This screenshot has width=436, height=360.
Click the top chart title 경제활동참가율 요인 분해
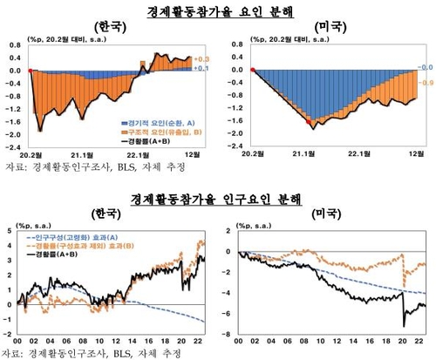pyautogui.click(x=218, y=10)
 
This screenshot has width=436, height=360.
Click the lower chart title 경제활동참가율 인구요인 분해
pyautogui.click(x=218, y=199)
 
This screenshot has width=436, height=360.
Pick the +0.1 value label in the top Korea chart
pyautogui.click(x=200, y=68)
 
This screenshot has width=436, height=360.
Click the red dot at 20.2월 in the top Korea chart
pyautogui.click(x=31, y=70)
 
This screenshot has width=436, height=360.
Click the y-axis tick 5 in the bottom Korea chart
pyautogui.click(x=10, y=231)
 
